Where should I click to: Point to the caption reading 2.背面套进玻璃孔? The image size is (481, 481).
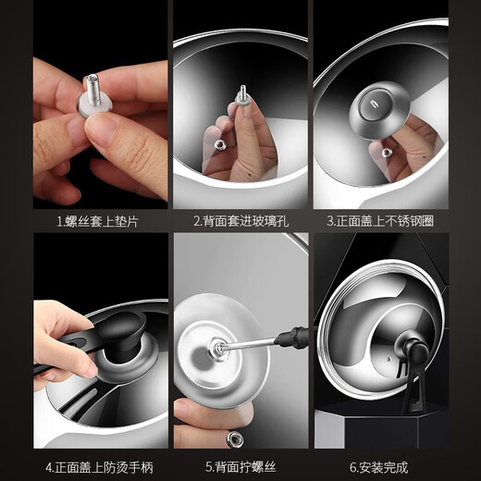240,221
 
